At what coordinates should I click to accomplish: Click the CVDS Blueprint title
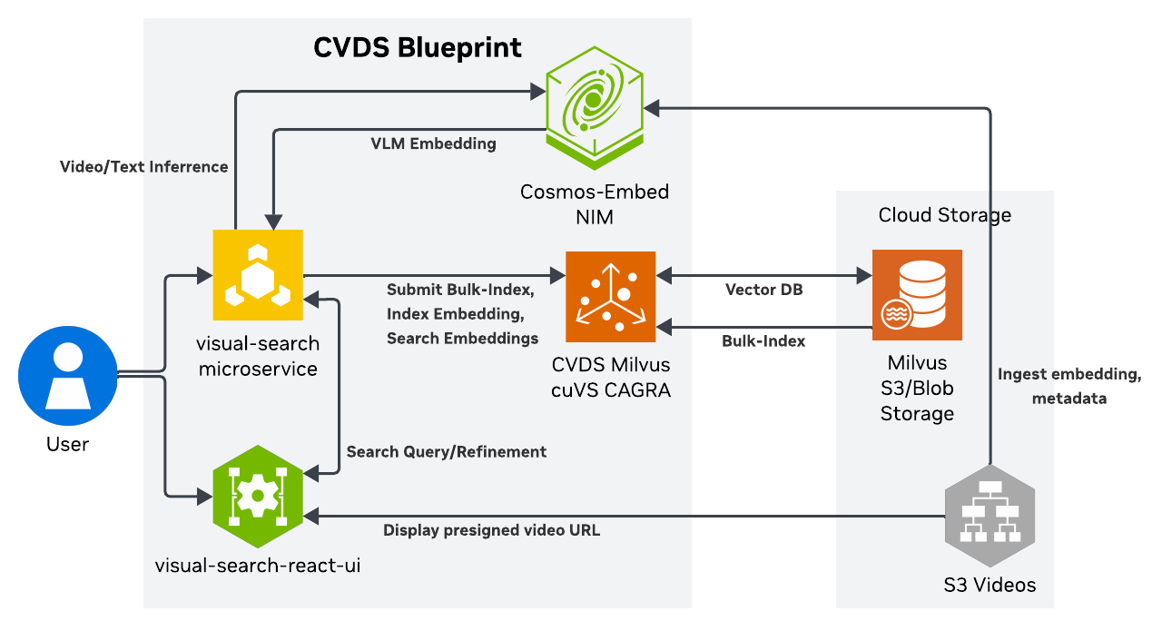[x=418, y=47]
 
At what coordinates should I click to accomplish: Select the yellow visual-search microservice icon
[x=258, y=275]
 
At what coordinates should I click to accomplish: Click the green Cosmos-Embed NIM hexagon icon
[x=594, y=106]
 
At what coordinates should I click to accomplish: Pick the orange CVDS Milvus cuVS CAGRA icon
[x=610, y=297]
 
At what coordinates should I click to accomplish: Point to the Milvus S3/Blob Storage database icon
[x=917, y=294]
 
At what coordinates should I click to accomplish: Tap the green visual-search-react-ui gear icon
[x=258, y=495]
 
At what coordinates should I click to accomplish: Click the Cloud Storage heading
[x=944, y=215]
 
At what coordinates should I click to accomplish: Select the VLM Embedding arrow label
[x=433, y=143]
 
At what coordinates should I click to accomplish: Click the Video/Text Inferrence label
[x=143, y=167]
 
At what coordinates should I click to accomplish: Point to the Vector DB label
[x=763, y=290]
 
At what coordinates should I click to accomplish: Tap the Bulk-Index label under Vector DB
[x=763, y=341]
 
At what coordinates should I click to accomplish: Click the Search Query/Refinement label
[x=447, y=451]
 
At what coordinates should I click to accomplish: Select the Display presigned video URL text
[x=491, y=530]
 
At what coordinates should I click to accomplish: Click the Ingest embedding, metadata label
[x=1068, y=386]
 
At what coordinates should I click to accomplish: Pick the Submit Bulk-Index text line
[x=459, y=291]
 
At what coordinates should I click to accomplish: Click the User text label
[x=68, y=444]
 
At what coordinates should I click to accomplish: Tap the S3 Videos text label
[x=990, y=585]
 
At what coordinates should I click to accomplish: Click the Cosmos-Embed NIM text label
[x=594, y=204]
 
